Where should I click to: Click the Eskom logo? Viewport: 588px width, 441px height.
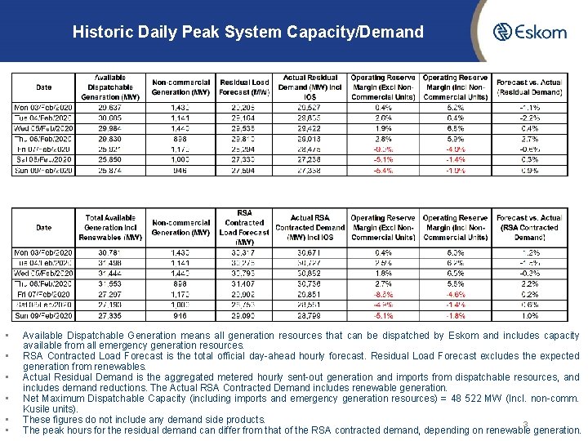(528, 33)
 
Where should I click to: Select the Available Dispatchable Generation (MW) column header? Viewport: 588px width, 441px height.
(111, 87)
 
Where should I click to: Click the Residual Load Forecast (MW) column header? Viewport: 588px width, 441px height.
(244, 87)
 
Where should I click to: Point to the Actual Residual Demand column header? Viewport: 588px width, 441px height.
(310, 87)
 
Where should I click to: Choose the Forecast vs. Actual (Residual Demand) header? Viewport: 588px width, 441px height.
(528, 87)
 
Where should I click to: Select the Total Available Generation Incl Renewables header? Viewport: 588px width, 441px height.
(111, 228)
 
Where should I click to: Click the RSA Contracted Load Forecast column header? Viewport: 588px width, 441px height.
(244, 228)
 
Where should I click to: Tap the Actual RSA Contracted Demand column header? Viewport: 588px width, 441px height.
(310, 228)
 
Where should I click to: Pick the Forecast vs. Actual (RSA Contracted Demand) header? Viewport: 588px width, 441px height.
(528, 228)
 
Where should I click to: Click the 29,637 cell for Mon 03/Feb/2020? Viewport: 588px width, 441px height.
(111, 107)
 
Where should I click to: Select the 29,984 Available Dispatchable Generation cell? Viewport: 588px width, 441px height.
(111, 128)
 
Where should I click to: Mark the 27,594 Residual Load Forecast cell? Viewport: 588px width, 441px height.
(244, 171)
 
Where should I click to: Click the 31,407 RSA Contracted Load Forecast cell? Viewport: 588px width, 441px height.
(244, 283)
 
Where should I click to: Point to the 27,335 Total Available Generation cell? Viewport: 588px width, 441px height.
(111, 315)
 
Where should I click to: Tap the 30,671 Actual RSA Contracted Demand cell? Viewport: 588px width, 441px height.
(310, 252)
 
